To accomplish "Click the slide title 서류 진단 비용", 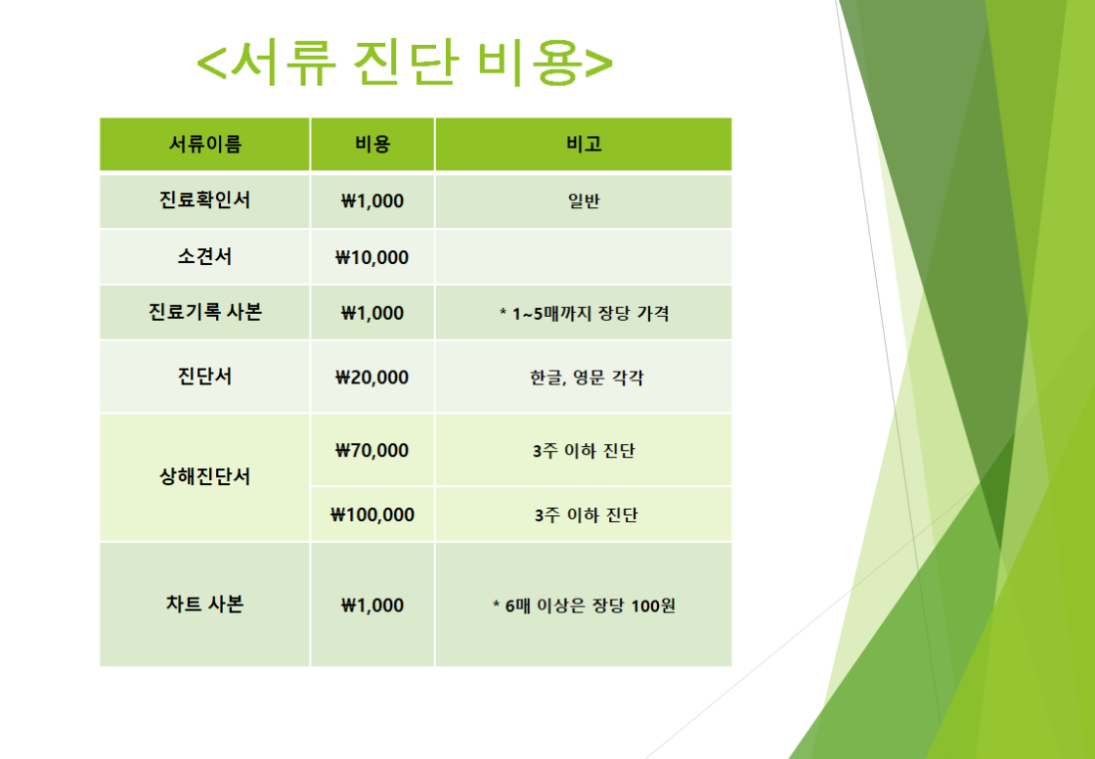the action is [x=404, y=62].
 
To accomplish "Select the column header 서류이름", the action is [x=205, y=144].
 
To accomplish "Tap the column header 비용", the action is [x=372, y=144].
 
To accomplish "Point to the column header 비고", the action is [x=583, y=144].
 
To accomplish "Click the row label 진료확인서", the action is [x=205, y=200].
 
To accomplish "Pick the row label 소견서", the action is [x=205, y=257].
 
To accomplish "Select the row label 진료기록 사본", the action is [x=205, y=312].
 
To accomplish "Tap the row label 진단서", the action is [x=205, y=377].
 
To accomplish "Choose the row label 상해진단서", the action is [x=205, y=477].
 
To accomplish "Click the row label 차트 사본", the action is [x=205, y=604].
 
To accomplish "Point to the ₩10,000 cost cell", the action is [x=372, y=257].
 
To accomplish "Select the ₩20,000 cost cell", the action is [x=372, y=378].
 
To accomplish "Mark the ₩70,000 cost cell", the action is [x=372, y=450].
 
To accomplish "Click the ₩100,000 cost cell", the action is [x=372, y=515].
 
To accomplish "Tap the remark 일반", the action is [x=583, y=201].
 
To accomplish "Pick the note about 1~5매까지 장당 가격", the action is [x=583, y=314].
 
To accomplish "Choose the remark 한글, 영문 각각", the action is [x=586, y=379].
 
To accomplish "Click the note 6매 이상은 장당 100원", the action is [x=583, y=606].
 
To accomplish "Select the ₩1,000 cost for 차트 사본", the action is [x=372, y=606].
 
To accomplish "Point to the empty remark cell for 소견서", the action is [x=583, y=257].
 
